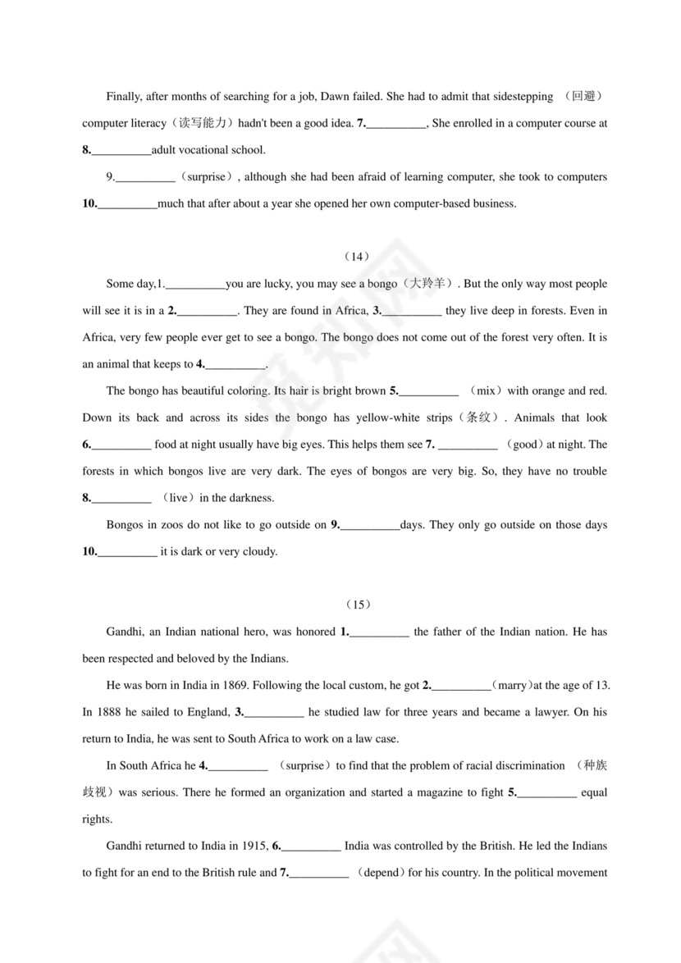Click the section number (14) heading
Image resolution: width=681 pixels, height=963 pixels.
tap(359, 257)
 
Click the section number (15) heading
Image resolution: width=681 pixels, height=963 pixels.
tap(359, 605)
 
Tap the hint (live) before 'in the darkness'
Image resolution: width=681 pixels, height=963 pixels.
tap(179, 498)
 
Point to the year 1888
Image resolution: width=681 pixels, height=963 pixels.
tap(107, 712)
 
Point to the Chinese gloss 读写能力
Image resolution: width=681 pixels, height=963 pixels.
tap(202, 124)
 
